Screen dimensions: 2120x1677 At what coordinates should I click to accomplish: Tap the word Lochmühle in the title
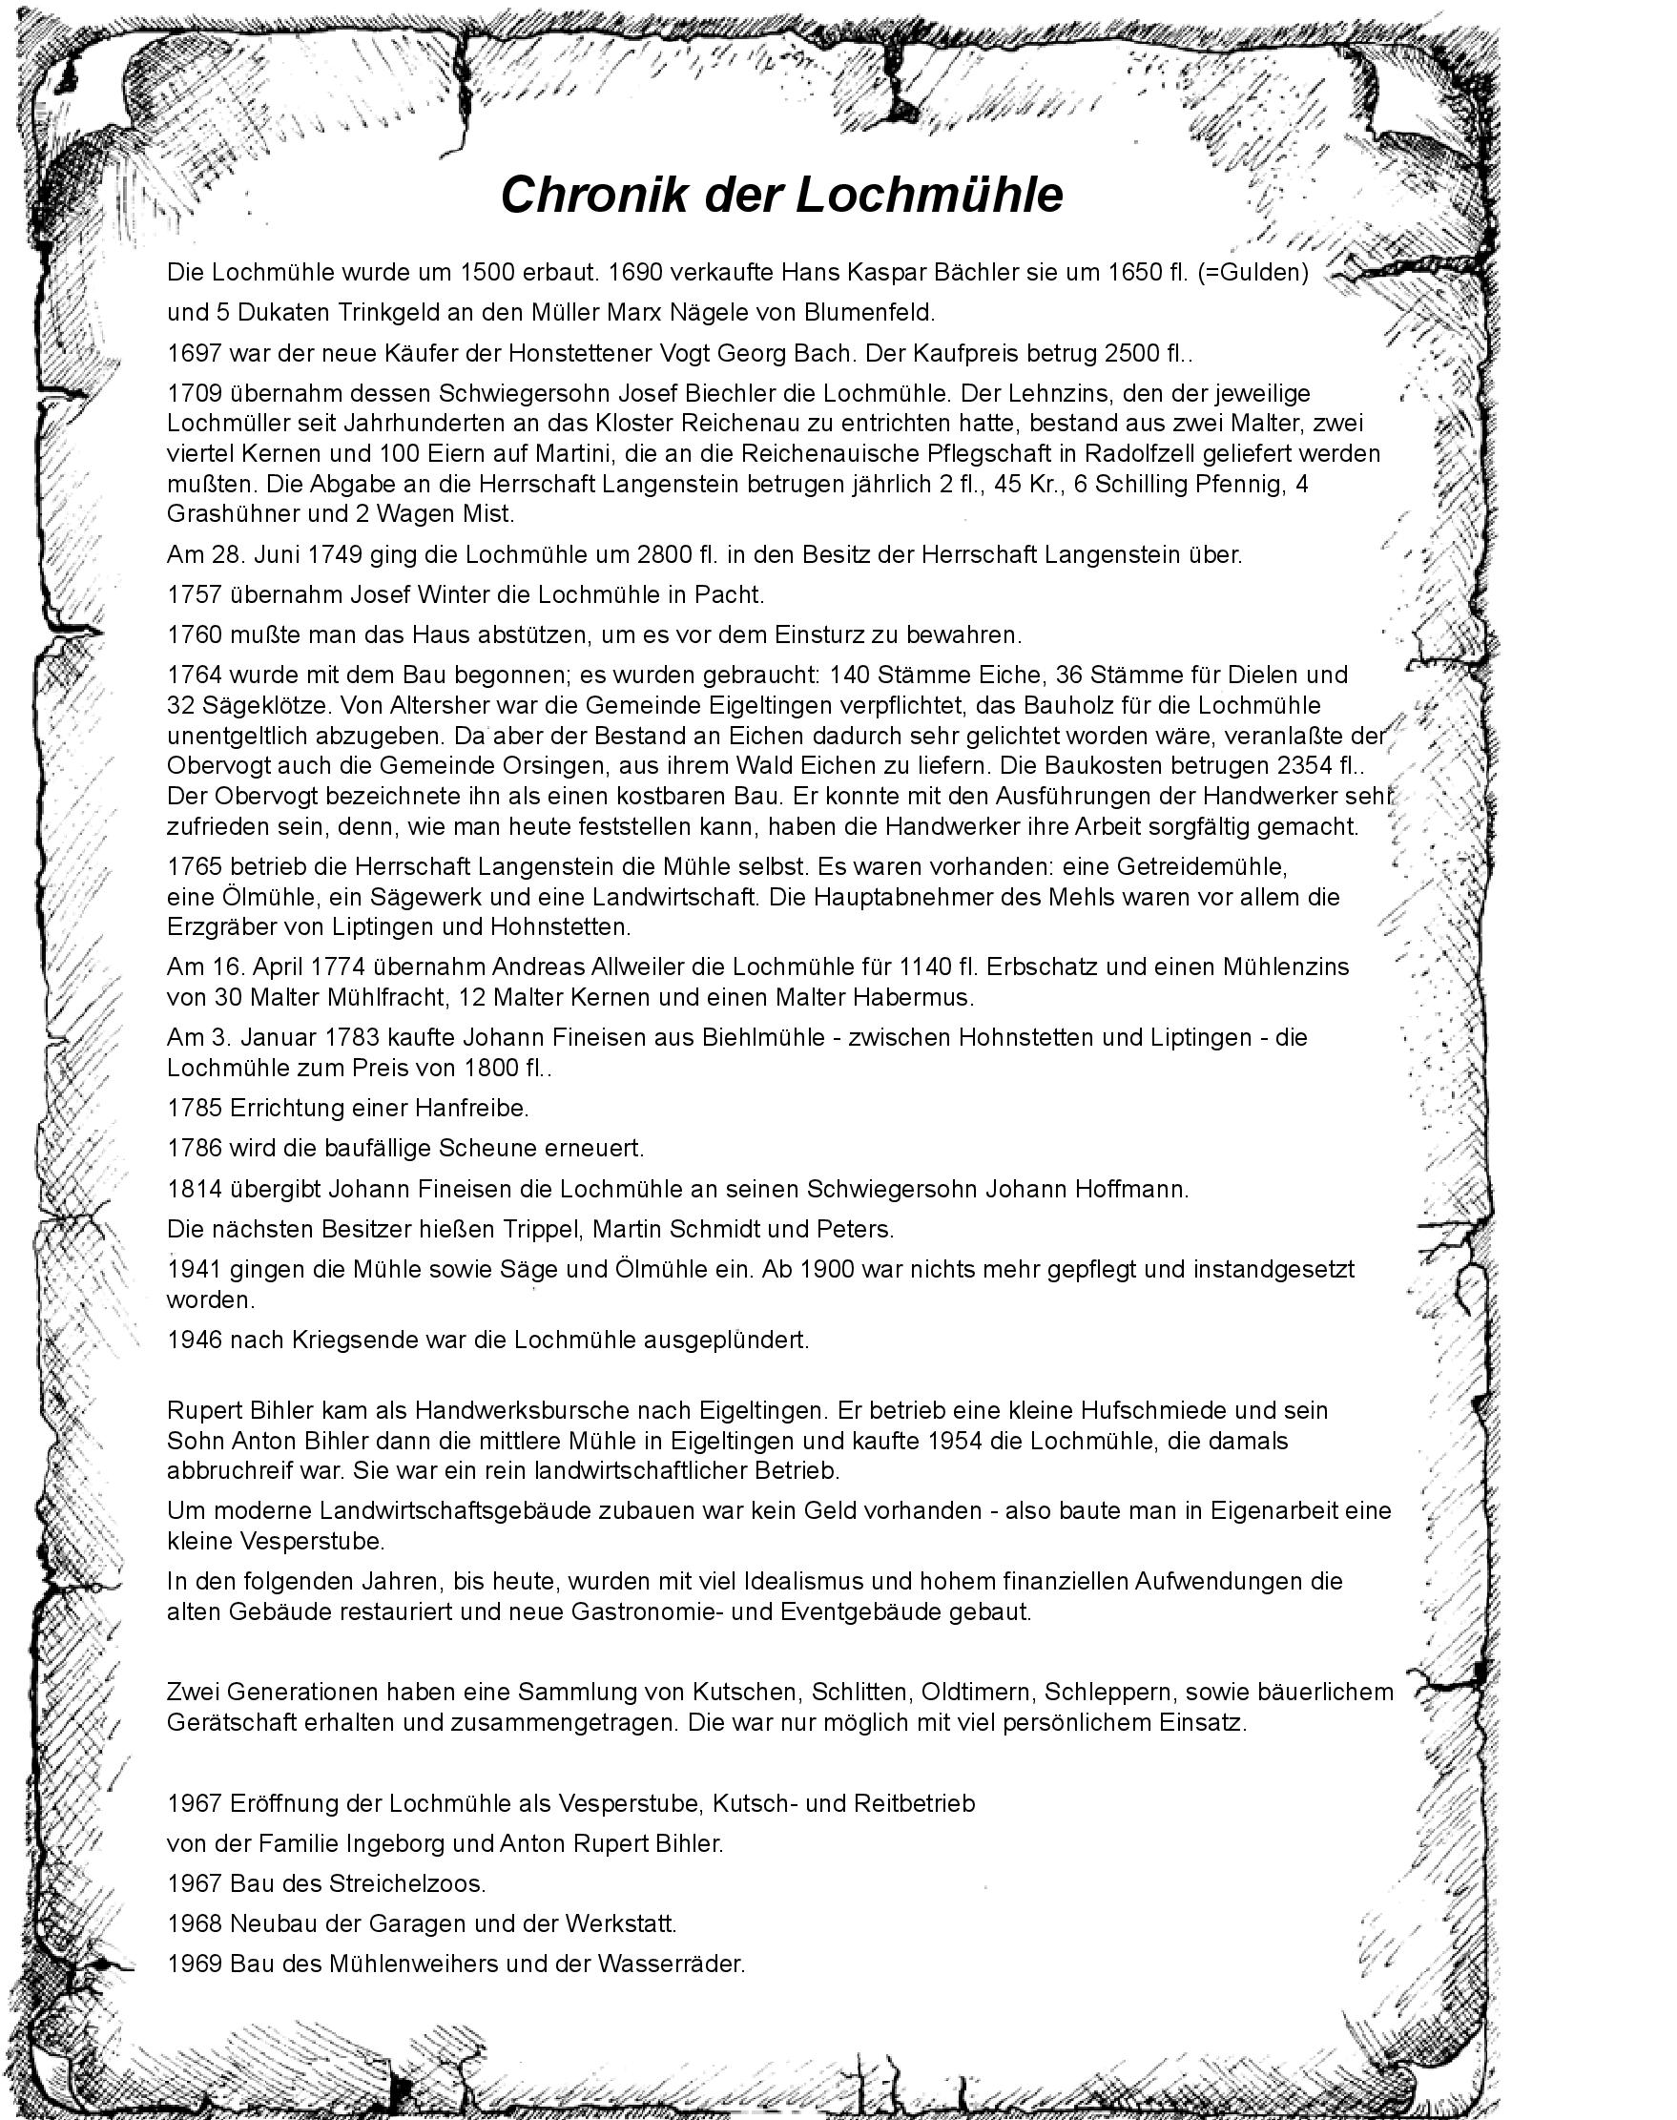[929, 195]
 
